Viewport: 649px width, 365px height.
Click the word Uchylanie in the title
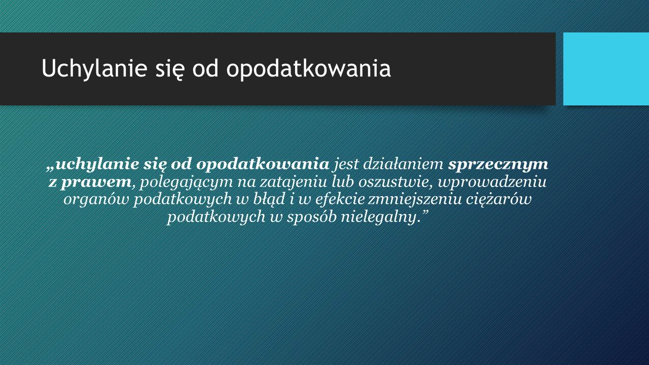pos(94,68)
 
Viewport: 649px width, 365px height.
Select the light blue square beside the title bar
pos(606,69)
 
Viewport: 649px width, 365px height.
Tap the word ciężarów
pos(498,200)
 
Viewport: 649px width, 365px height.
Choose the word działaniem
pos(403,165)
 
